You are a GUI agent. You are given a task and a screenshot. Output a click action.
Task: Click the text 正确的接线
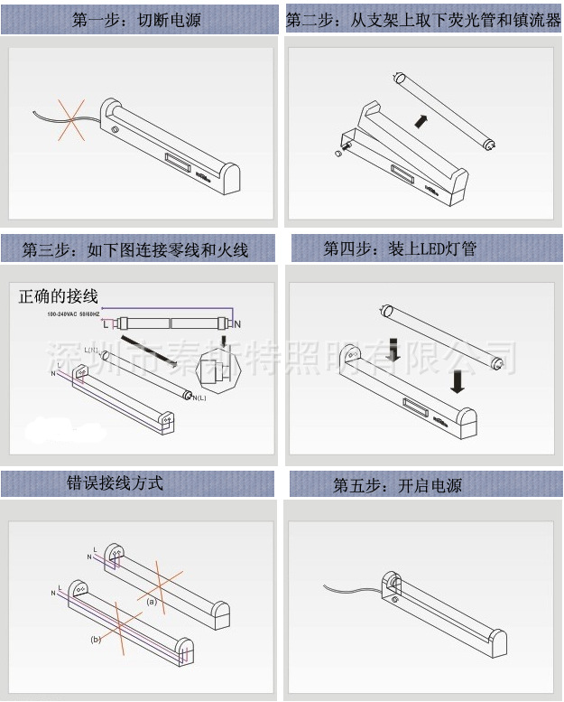pos(58,296)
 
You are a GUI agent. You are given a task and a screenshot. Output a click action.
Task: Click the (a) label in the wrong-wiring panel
pos(153,600)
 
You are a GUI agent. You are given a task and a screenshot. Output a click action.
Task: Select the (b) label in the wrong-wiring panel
pos(96,639)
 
